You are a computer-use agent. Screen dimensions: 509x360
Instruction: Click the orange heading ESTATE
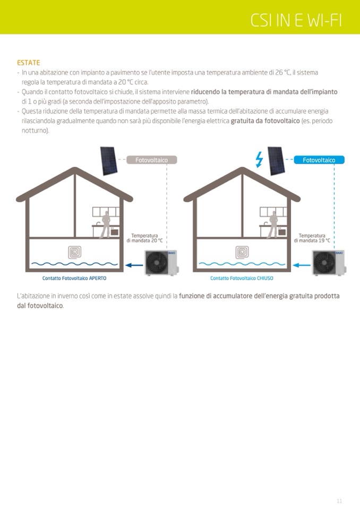tap(28, 63)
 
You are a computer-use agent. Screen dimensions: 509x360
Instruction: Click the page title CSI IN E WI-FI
tap(296, 20)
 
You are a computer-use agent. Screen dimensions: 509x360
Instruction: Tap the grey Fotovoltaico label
tap(151, 160)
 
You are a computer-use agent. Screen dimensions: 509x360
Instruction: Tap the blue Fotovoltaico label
tap(319, 160)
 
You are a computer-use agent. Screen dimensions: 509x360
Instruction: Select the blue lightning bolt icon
tap(259, 160)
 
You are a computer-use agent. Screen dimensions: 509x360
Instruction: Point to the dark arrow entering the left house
tap(132, 264)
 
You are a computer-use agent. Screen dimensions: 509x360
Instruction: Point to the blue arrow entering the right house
tap(301, 264)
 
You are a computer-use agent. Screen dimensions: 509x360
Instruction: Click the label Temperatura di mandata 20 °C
tap(144, 238)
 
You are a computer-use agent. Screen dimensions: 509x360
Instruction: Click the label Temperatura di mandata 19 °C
tap(312, 238)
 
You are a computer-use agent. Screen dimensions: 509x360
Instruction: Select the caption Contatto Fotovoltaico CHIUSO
tap(242, 278)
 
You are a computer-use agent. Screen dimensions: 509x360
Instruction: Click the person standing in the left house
tap(106, 225)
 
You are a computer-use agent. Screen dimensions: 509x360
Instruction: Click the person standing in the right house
tap(273, 225)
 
